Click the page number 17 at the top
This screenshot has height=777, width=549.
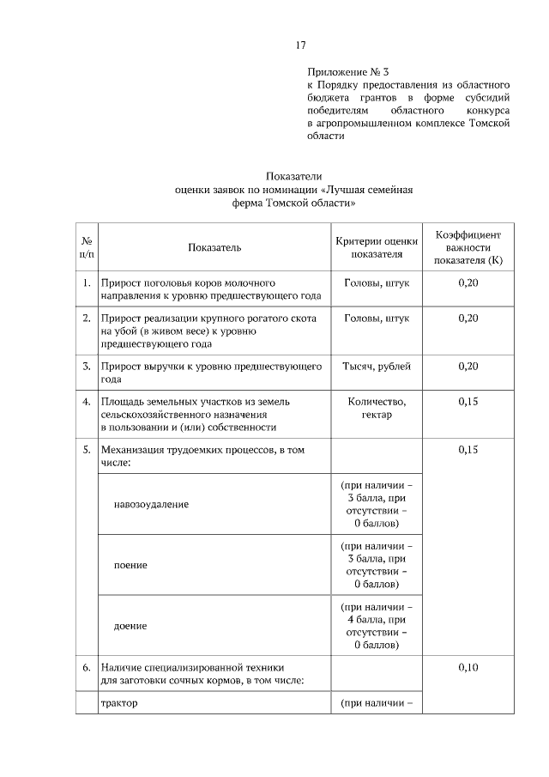click(300, 46)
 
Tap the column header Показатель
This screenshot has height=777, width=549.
click(214, 247)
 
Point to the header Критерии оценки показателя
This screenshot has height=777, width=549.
click(377, 247)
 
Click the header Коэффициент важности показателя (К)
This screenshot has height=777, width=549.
click(468, 247)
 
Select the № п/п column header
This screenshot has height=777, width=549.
click(87, 247)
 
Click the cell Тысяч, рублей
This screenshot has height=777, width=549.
click(377, 367)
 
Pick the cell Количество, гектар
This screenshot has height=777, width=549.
click(377, 408)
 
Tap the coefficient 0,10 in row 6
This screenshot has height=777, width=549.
click(468, 666)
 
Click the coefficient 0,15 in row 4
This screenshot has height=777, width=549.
click(468, 401)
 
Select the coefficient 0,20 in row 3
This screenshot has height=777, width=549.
click(468, 367)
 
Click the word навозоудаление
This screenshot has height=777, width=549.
click(151, 504)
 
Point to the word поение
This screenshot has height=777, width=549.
click(130, 565)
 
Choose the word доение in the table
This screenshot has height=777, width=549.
click(130, 626)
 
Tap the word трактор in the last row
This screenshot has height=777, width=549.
click(119, 704)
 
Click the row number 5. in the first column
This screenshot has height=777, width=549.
click(87, 449)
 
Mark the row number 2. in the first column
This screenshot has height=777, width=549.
click(87, 319)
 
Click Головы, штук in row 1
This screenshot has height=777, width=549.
click(377, 282)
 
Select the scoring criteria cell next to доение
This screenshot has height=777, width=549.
click(377, 625)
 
